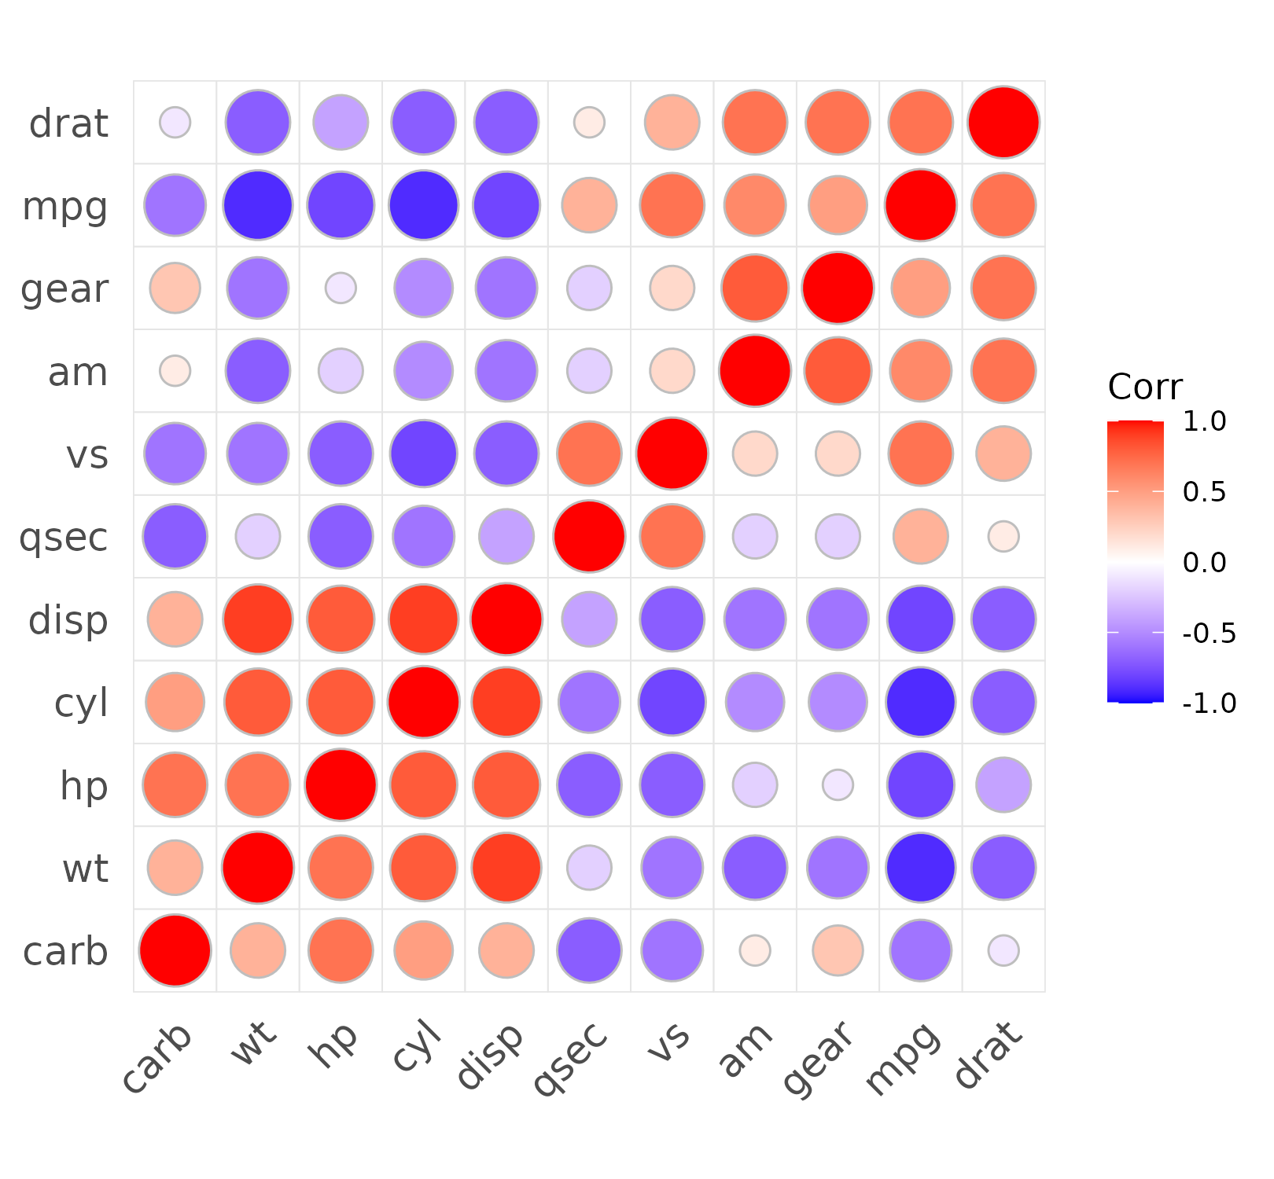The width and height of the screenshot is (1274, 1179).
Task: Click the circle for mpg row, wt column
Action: (x=258, y=205)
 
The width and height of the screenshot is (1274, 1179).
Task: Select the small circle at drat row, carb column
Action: (x=175, y=123)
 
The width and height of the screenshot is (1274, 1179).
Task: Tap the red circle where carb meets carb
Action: (x=175, y=950)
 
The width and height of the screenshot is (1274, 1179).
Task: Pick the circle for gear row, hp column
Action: (x=341, y=288)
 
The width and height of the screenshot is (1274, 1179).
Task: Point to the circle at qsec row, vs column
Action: (x=672, y=537)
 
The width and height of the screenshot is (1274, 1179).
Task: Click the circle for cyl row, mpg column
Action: (x=921, y=702)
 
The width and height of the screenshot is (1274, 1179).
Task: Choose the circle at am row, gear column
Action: (x=838, y=371)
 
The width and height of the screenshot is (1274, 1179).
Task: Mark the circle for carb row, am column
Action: (x=755, y=950)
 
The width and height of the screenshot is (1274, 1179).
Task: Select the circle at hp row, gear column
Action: (x=838, y=784)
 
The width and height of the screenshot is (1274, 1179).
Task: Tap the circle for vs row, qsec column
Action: (x=589, y=454)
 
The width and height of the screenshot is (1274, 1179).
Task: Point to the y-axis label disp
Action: (x=68, y=620)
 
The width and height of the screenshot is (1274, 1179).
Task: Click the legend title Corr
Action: (x=1145, y=387)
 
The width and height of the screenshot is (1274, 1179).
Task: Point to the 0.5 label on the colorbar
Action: (x=1205, y=492)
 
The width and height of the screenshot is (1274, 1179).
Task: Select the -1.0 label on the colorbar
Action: (x=1209, y=703)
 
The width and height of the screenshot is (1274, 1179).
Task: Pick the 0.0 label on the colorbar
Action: (x=1205, y=562)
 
